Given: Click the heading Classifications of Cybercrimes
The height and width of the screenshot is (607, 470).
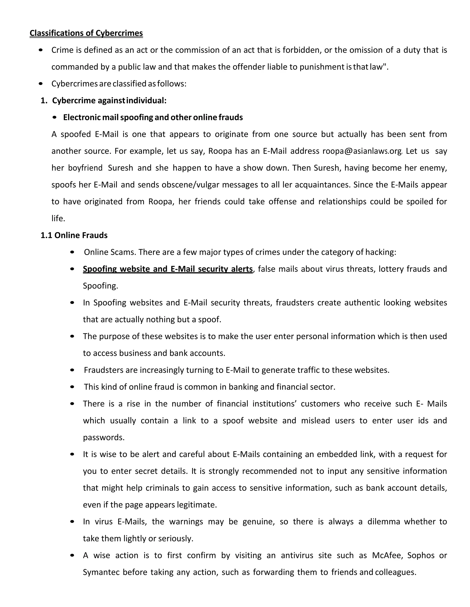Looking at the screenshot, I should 86,33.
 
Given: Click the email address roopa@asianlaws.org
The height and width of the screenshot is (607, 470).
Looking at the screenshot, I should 362,151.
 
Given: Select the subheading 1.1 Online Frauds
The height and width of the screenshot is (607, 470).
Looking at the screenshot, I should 74,235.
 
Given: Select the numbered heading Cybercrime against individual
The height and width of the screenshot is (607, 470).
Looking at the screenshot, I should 109,100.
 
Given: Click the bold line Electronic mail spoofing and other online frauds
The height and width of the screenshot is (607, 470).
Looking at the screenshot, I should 153,117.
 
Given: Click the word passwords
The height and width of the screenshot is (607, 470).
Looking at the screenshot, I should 104,437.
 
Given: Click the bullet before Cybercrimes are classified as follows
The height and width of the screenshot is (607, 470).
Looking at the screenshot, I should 41,83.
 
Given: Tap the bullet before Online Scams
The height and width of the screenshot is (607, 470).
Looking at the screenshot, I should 72,252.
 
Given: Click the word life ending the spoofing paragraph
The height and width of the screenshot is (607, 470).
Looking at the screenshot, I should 58,219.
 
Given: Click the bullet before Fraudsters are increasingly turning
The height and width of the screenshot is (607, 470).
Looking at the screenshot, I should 72,370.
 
